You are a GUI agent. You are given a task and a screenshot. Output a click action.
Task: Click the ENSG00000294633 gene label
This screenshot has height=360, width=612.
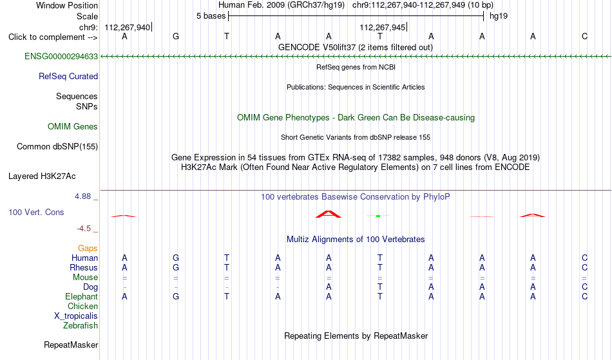tap(61, 57)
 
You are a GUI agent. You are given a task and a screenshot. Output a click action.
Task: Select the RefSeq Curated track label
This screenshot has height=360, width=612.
tap(68, 77)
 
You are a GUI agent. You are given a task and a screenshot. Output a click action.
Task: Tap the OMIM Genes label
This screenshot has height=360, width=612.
tap(73, 127)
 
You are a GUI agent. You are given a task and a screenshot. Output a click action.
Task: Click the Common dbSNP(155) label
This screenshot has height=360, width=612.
tap(57, 147)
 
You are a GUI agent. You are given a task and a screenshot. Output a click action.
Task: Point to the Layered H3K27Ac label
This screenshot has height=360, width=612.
tap(42, 176)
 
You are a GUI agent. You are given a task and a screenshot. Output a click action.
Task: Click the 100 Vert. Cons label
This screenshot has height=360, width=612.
tap(36, 212)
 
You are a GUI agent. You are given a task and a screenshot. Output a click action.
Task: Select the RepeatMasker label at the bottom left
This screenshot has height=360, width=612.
tap(71, 345)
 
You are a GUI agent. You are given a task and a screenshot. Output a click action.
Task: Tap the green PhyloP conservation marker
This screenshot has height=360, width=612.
tap(378, 216)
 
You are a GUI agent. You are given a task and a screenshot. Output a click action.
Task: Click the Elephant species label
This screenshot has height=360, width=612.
tap(81, 297)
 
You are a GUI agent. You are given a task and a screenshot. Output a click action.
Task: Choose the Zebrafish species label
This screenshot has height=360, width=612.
tap(81, 326)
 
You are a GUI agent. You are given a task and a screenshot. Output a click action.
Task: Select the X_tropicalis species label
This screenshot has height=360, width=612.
tap(76, 316)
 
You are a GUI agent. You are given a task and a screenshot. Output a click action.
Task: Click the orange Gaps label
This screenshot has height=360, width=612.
tap(88, 249)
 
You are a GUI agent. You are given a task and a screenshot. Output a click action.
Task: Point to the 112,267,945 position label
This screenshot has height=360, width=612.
tap(382, 27)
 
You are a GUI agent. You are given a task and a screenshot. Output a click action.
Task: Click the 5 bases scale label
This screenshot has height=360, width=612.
tap(211, 16)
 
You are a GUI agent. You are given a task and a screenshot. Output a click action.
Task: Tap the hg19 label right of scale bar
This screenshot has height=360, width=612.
tap(499, 16)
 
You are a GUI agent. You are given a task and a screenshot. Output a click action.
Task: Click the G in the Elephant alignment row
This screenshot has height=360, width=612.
tap(176, 297)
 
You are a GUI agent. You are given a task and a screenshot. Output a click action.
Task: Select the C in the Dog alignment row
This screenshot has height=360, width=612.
tap(584, 287)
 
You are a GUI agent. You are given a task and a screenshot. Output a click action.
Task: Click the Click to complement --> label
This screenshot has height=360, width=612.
tap(53, 37)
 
